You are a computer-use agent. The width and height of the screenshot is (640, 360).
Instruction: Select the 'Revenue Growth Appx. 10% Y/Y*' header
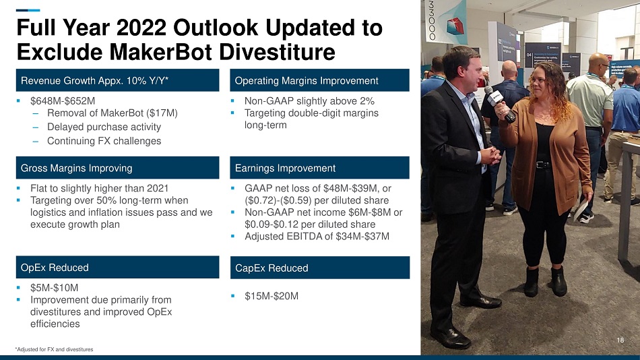pos(117,80)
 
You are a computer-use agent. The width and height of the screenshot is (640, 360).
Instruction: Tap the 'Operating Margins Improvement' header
pos(319,80)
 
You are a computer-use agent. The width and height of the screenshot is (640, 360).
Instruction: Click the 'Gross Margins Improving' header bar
pos(117,168)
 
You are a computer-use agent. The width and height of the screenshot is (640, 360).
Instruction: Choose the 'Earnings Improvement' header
pos(319,168)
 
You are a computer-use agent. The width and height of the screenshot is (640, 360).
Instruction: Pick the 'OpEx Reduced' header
pos(117,267)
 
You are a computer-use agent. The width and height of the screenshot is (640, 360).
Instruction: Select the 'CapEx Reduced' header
pos(319,268)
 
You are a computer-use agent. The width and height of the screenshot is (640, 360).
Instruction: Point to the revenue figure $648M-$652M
pos(63,101)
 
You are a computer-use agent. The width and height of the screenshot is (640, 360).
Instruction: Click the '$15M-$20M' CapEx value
pos(271,296)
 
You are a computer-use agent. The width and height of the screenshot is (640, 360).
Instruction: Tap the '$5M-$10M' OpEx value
pos(55,288)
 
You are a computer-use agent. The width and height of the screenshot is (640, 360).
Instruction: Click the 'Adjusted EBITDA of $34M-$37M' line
pos(317,236)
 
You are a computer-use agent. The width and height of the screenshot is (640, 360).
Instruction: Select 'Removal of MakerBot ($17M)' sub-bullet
pos(113,113)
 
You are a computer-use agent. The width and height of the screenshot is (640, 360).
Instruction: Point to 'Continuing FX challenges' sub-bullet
pos(104,141)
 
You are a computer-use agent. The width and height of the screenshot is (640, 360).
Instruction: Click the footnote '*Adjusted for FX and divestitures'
pos(55,349)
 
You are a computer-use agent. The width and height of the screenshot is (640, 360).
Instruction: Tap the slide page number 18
pos(620,340)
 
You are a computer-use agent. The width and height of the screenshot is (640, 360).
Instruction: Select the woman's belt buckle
pos(542,164)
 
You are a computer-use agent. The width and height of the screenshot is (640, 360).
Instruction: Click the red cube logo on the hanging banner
pos(453,26)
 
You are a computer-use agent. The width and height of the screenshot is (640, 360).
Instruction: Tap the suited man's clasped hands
pos(490,155)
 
